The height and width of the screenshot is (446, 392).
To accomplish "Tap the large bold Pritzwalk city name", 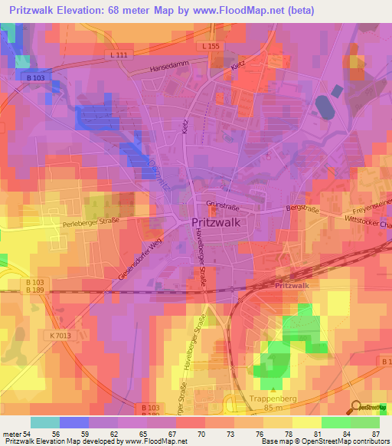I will pyautogui.click(x=217, y=223).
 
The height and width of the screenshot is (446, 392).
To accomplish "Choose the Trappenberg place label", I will pyautogui.click(x=272, y=398).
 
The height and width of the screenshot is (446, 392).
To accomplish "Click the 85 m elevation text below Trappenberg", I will pyautogui.click(x=273, y=408).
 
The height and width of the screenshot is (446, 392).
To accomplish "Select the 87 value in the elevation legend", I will pyautogui.click(x=374, y=435).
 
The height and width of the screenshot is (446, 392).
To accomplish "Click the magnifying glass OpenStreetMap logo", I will pyautogui.click(x=357, y=407).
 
